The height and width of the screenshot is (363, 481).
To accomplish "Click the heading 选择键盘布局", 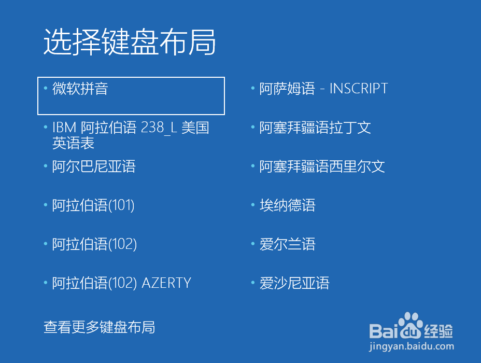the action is point(130,42).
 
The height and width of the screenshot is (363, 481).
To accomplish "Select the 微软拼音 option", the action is point(80,89).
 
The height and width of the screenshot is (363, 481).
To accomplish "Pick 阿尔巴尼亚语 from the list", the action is point(94,166).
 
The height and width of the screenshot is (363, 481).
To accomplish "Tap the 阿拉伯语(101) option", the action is point(93,205).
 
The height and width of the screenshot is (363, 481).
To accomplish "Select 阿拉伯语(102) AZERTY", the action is point(121,283).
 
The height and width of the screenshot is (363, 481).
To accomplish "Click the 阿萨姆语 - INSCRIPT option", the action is point(323,89).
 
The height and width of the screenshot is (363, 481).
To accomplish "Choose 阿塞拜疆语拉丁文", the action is point(315,128).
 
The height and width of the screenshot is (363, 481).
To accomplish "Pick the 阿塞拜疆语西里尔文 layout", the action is point(322,166).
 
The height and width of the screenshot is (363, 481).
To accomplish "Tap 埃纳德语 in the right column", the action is point(288,205).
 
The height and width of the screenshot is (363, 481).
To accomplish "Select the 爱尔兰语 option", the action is point(288,244).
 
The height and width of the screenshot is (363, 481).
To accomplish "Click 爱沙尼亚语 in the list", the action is point(294,283).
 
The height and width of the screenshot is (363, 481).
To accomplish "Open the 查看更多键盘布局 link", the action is point(99,327).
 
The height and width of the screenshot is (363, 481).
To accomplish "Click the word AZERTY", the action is point(166,283).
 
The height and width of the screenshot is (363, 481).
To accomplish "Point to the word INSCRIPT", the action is point(359,89).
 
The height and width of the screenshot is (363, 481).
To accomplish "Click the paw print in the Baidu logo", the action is point(411,325).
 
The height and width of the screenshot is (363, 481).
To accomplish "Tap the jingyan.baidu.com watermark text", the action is point(412,346).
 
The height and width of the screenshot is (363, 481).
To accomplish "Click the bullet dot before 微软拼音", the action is point(46,88).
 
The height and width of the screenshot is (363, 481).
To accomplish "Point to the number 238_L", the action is point(159,128).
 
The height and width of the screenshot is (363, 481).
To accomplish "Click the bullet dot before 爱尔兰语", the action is point(253,244).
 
